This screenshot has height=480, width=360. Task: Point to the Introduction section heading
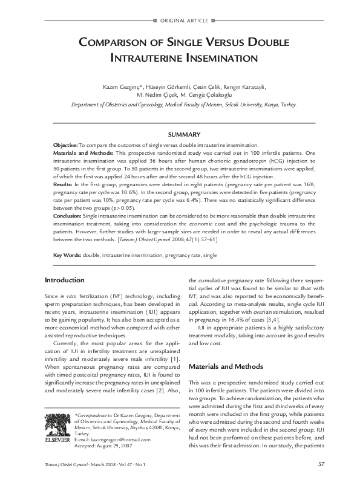[x=65, y=280]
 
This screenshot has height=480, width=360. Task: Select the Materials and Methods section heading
[x=227, y=366]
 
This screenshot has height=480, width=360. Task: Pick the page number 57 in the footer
[x=321, y=464]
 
